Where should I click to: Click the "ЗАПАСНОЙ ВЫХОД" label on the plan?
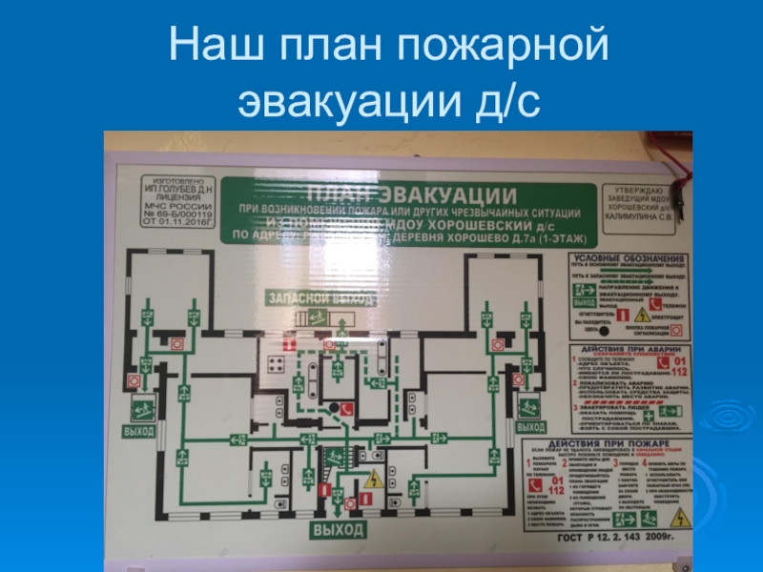click(x=311, y=299)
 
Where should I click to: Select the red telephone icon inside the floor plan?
click(x=348, y=409)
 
